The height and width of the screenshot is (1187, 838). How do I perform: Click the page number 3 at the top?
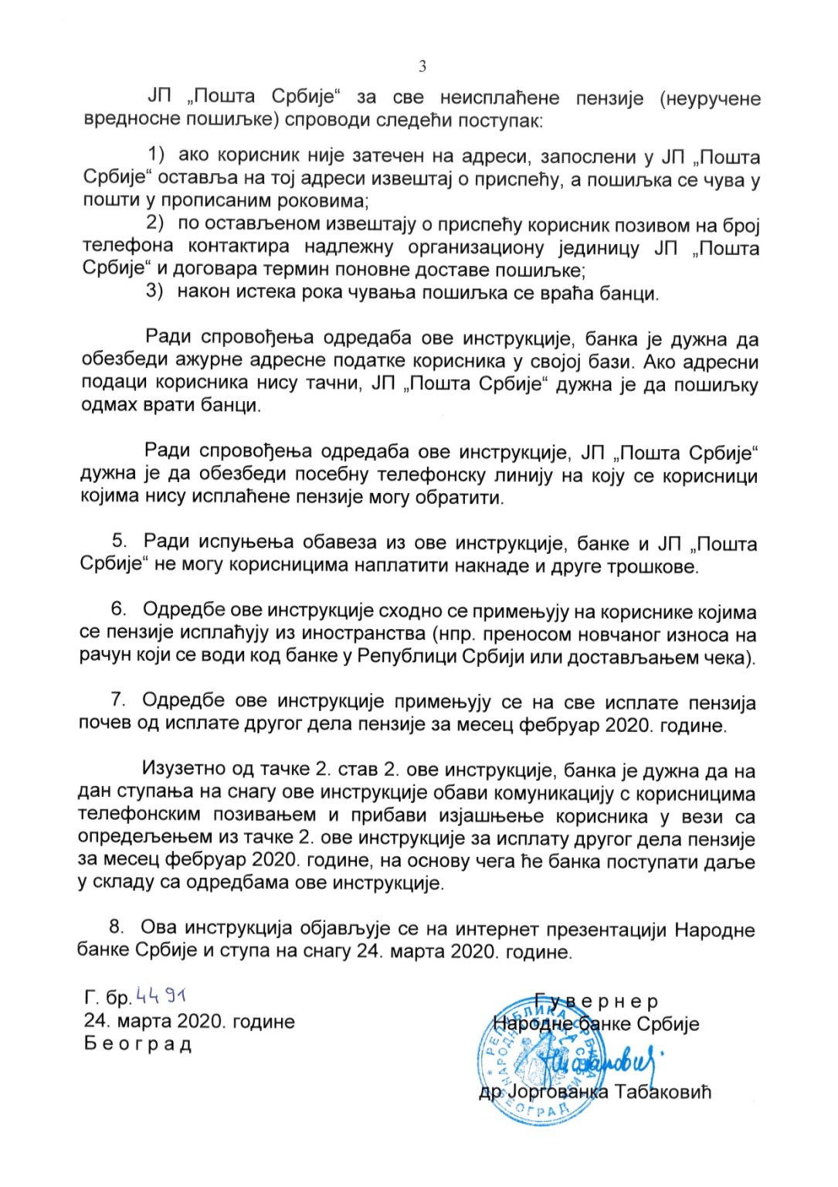(422, 66)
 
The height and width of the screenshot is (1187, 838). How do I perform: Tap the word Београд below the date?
(138, 1044)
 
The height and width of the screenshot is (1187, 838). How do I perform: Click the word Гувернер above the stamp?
(596, 1002)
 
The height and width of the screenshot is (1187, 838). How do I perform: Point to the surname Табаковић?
(662, 1092)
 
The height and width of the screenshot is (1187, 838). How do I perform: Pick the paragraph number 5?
(119, 542)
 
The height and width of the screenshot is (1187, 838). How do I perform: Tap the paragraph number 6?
(118, 610)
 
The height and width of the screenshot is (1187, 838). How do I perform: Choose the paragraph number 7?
(117, 700)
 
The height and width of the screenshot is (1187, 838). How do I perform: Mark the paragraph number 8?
(117, 927)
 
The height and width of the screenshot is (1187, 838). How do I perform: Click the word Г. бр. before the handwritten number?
(108, 998)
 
